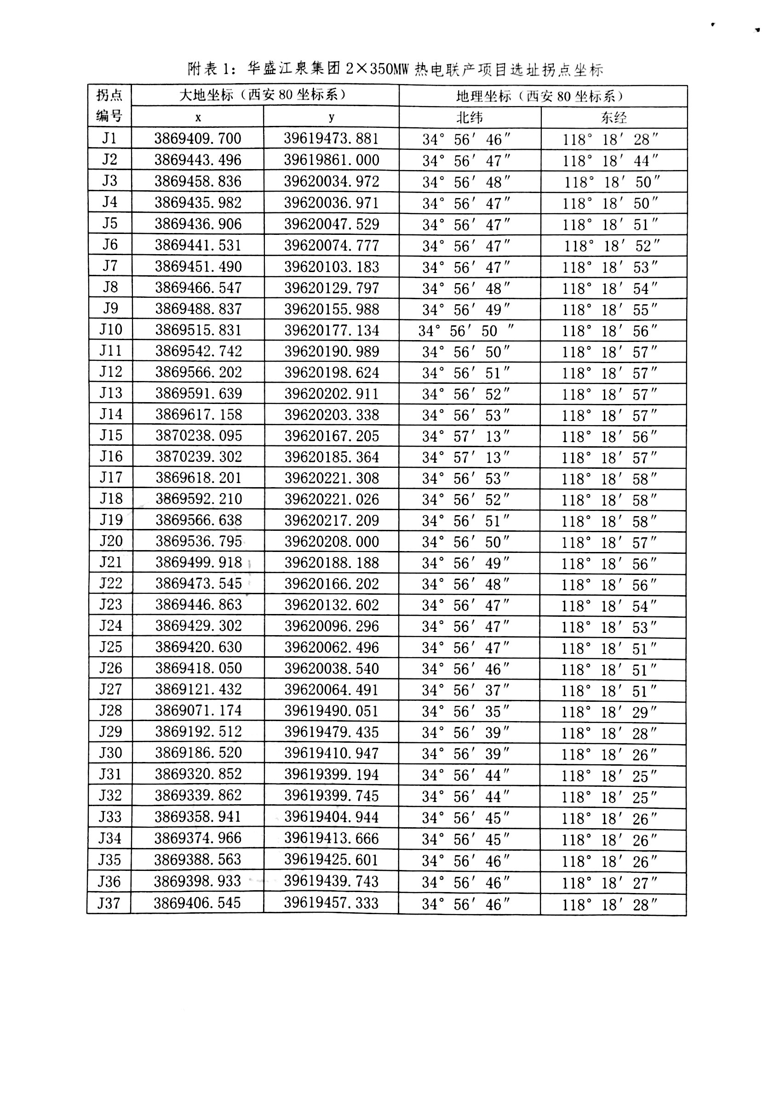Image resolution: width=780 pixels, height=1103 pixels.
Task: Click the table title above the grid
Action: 395,69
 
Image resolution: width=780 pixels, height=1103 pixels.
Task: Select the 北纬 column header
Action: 469,117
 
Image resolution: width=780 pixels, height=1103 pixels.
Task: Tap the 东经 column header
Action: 613,117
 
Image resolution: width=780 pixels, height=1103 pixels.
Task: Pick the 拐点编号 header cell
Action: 109,106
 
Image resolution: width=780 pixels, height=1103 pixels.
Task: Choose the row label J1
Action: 109,138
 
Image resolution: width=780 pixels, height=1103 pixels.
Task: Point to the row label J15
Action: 110,435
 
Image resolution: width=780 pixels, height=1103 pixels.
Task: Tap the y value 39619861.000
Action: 331,160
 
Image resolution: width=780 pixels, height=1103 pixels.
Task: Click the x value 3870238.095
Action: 198,436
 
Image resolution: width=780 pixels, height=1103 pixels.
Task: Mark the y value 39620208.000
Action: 332,541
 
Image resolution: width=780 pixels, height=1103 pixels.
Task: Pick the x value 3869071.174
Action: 198,711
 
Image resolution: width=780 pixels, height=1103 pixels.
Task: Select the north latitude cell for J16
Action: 466,457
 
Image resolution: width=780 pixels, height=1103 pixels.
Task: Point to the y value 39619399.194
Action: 331,774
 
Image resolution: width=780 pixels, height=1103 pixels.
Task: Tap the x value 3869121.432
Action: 198,689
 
